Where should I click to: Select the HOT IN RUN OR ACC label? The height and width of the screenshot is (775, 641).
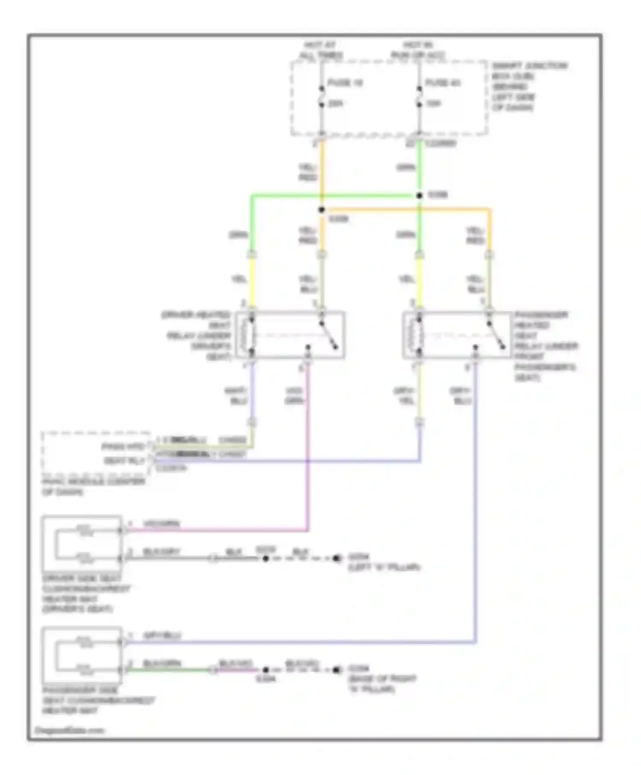pyautogui.click(x=418, y=50)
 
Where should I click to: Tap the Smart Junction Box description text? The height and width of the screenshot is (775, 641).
pyautogui.click(x=529, y=86)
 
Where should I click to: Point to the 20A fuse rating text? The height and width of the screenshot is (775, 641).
pyautogui.click(x=336, y=104)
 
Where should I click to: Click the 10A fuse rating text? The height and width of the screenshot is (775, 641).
pyautogui.click(x=433, y=104)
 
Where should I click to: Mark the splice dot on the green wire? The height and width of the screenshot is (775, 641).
pyautogui.click(x=419, y=196)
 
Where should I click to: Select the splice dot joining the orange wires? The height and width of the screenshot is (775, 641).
pyautogui.click(x=321, y=210)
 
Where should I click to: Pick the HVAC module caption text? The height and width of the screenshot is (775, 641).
pyautogui.click(x=93, y=487)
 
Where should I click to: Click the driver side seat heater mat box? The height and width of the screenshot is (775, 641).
pyautogui.click(x=81, y=544)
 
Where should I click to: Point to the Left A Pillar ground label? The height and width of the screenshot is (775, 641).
pyautogui.click(x=383, y=563)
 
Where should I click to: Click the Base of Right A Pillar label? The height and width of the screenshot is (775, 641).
pyautogui.click(x=382, y=679)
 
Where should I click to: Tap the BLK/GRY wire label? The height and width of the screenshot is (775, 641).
pyautogui.click(x=161, y=552)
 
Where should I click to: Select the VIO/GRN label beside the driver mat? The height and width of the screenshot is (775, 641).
pyautogui.click(x=161, y=524)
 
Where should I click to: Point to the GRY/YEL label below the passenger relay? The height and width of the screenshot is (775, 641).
pyautogui.click(x=403, y=396)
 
